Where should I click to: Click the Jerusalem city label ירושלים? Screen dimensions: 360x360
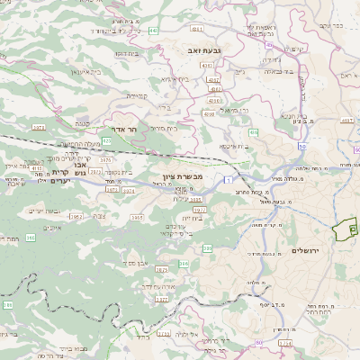click(305, 248)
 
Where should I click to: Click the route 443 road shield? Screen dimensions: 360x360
click(154, 31)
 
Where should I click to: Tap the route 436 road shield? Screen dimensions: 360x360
click(253, 132)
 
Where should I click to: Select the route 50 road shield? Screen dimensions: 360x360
click(301, 145)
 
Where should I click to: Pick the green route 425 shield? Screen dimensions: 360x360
click(107, 141)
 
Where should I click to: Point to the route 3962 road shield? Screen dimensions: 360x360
click(76, 217)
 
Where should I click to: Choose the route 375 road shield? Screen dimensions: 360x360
click(6, 305)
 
